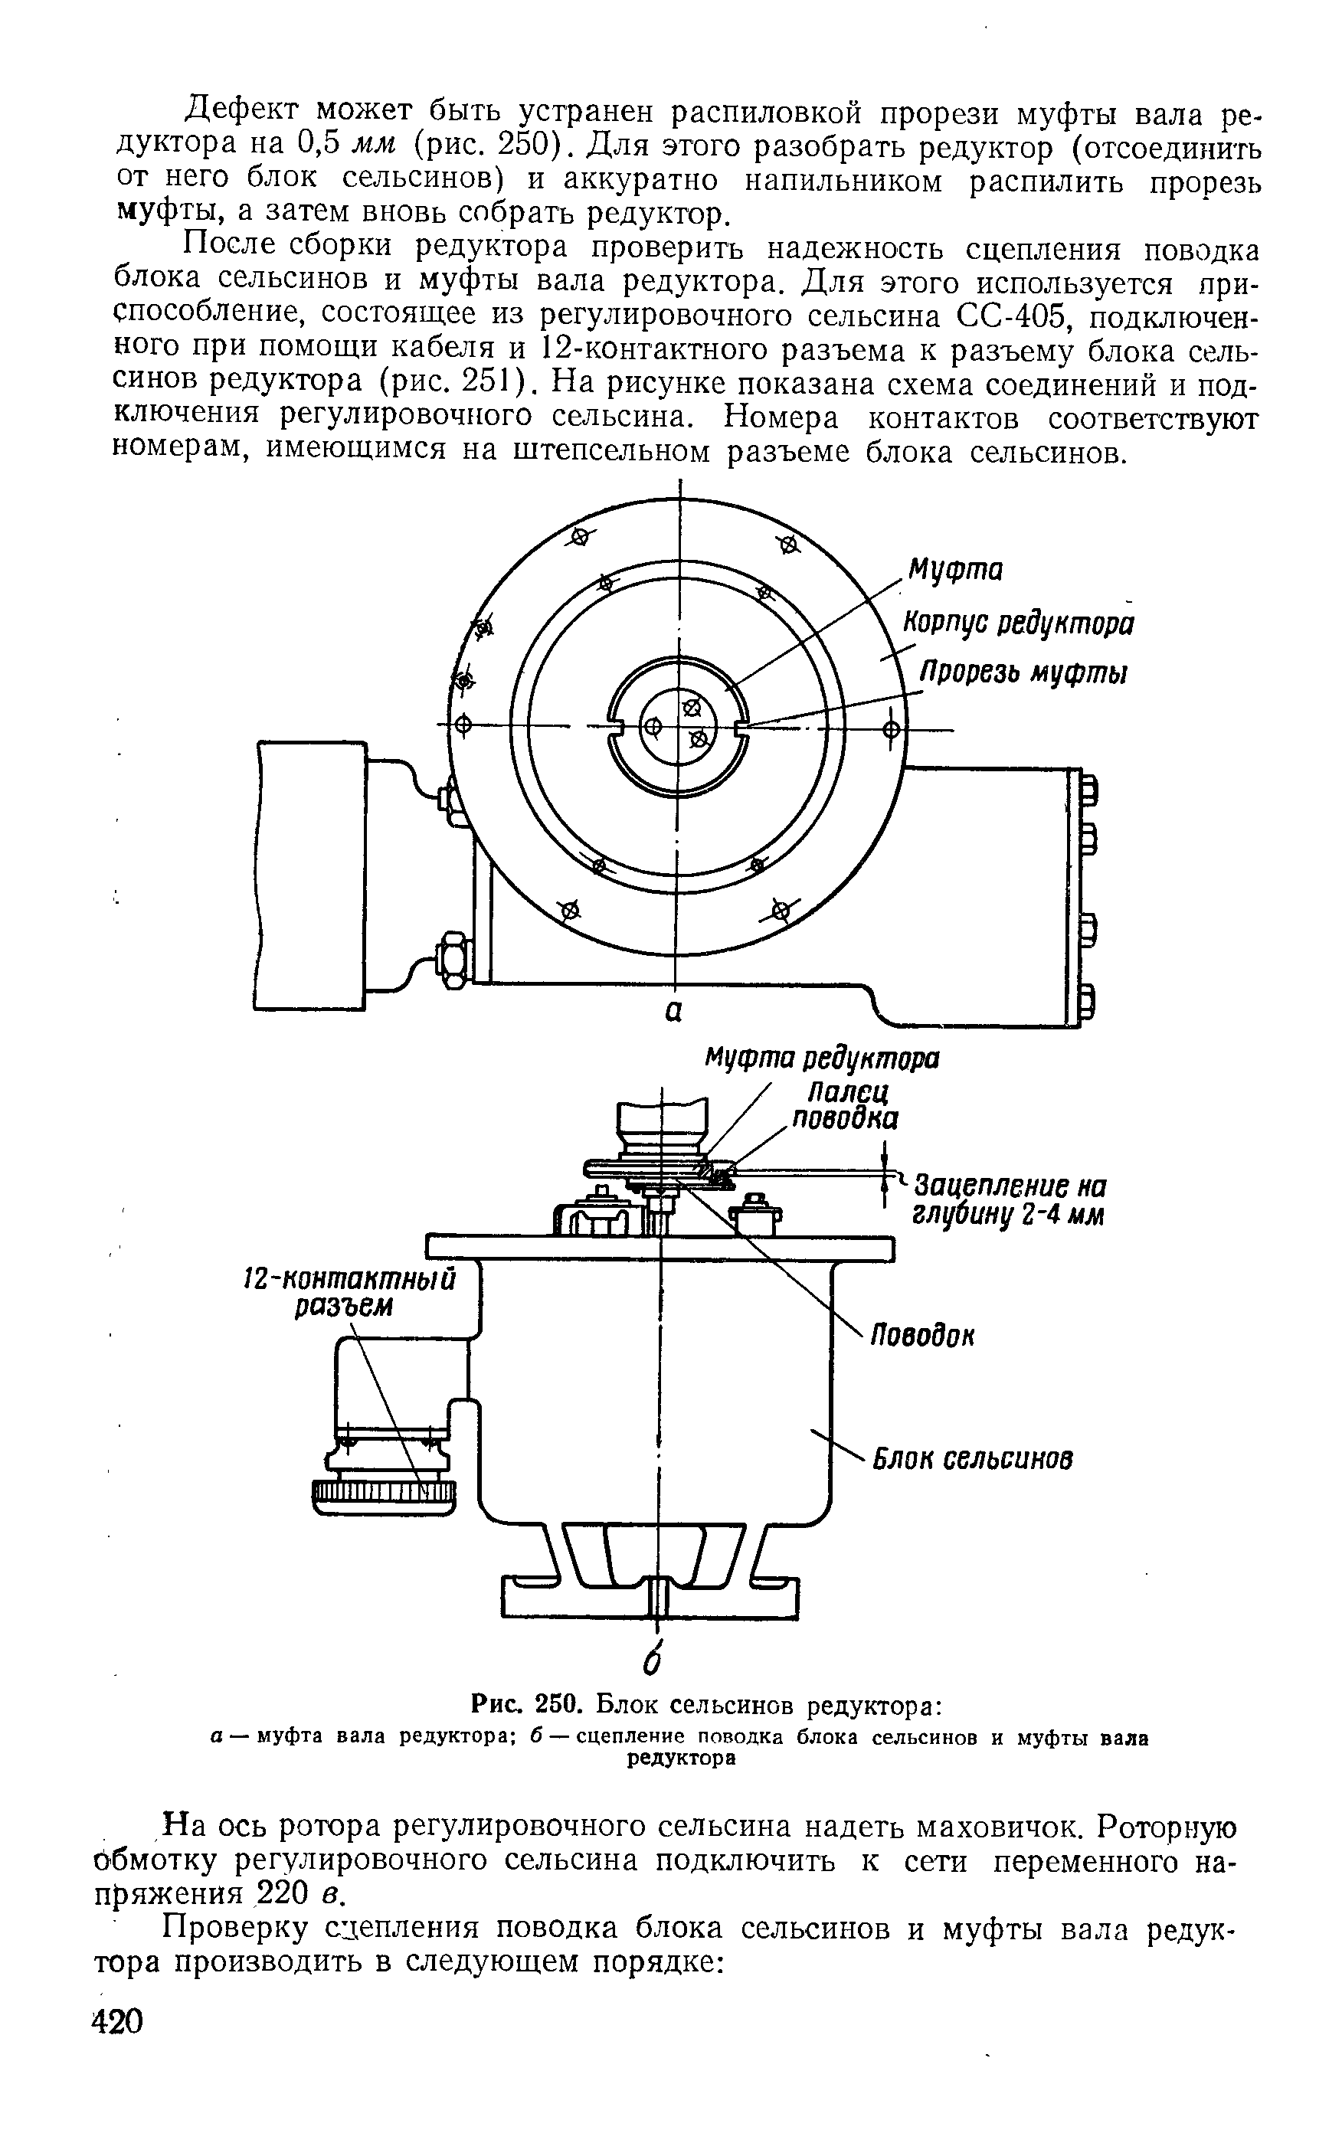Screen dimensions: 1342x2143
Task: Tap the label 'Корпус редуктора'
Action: click(1018, 623)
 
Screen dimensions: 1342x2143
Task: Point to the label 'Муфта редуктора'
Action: click(822, 1059)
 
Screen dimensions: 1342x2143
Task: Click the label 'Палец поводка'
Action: click(844, 1104)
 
